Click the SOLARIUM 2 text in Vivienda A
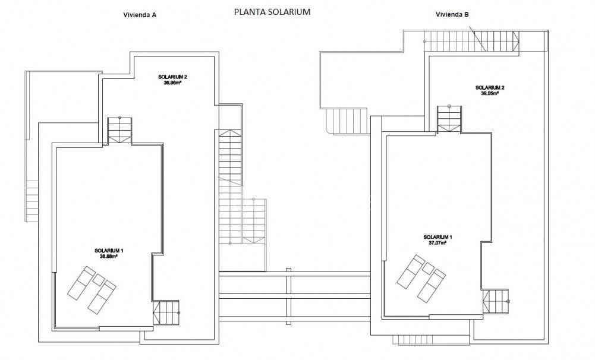pos(173,77)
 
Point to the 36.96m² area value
pos(172,83)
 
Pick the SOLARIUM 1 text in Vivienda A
pos(108,251)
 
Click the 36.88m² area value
pos(108,257)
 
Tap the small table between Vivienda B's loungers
pos(427,268)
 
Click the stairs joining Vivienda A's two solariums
pos(119,130)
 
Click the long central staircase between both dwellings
pos(231,178)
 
